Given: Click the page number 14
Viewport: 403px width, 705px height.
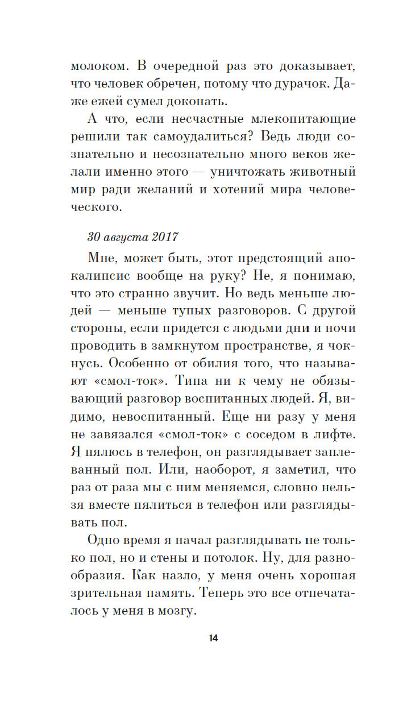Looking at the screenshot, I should click(213, 638).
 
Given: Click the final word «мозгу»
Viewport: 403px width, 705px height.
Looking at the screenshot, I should click(175, 611).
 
